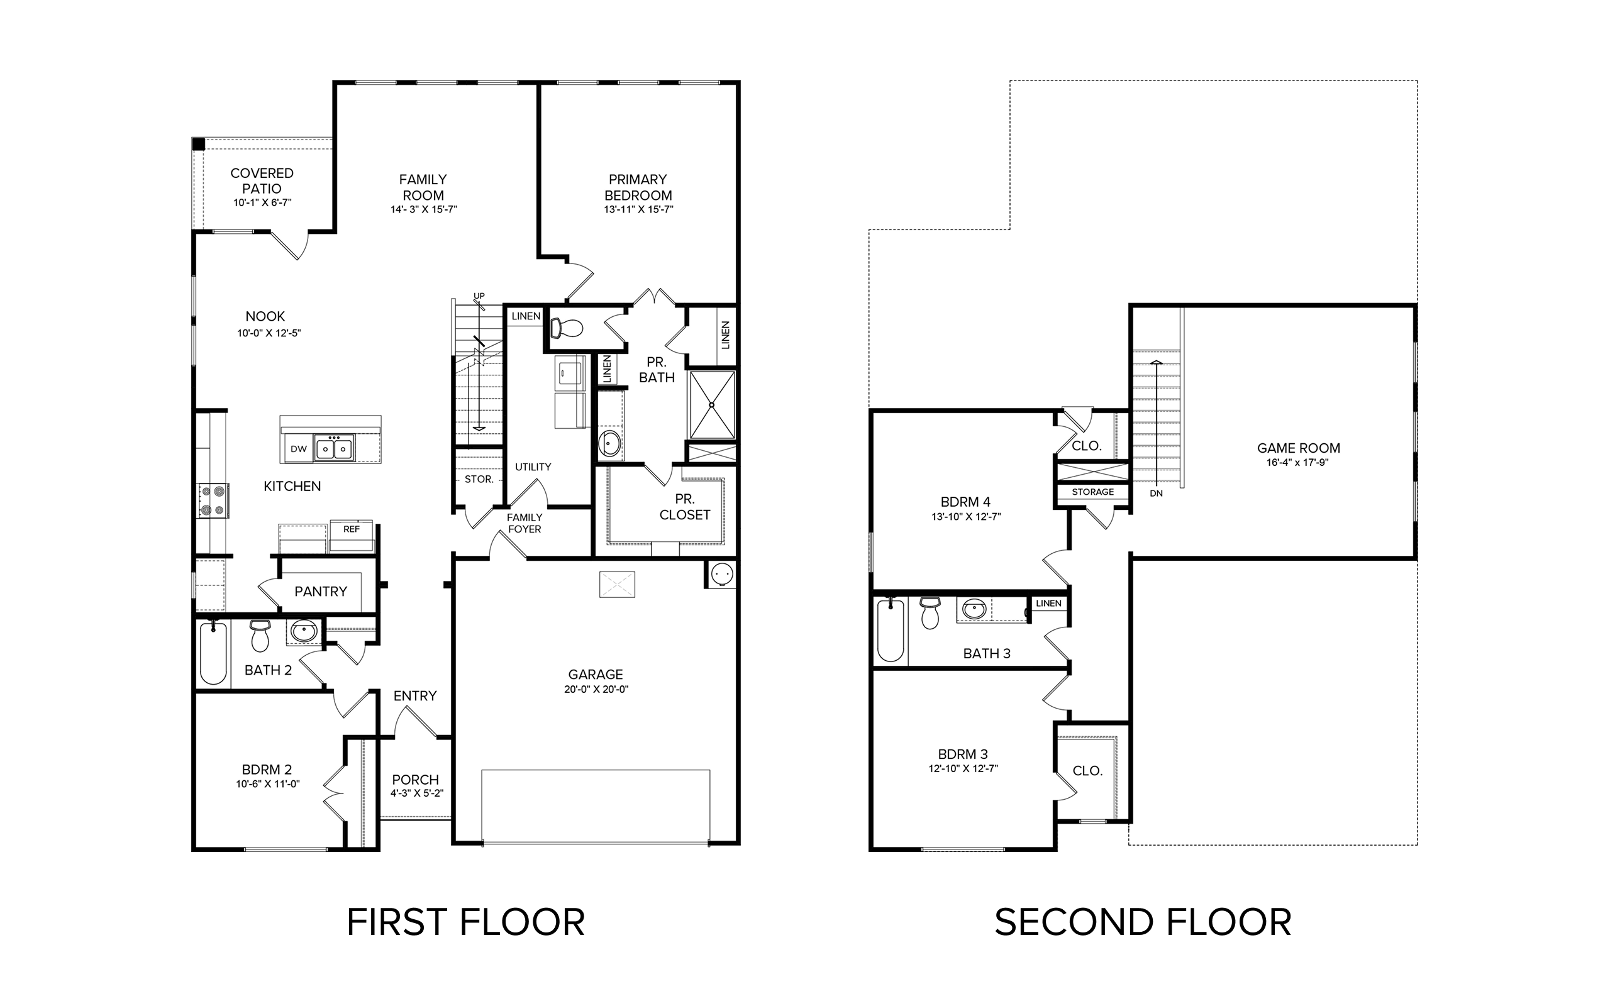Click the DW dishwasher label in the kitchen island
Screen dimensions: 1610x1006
point(299,449)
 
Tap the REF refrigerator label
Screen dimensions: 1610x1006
point(352,529)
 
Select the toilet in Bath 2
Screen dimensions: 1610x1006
point(260,636)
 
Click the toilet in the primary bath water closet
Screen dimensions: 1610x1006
point(566,328)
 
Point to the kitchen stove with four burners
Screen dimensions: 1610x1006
point(213,500)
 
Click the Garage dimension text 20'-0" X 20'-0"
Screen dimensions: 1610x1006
point(596,689)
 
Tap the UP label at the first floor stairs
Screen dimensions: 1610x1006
point(479,296)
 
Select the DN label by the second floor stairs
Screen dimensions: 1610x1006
point(1157,494)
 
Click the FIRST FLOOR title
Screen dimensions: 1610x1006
point(465,922)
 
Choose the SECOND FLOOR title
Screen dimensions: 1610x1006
point(1143,922)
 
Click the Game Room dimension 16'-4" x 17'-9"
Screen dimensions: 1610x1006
point(1297,462)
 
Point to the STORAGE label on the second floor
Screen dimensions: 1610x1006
point(1093,492)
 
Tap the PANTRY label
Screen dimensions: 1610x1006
point(321,592)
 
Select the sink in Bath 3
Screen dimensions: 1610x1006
point(975,608)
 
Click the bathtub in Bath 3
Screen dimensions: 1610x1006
point(891,630)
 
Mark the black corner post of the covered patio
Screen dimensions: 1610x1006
point(198,144)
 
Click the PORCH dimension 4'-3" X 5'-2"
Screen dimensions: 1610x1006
point(416,793)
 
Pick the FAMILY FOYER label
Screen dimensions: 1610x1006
point(525,523)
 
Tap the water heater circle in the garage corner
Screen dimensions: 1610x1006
point(722,573)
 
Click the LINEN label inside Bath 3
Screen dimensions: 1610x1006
point(1049,604)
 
